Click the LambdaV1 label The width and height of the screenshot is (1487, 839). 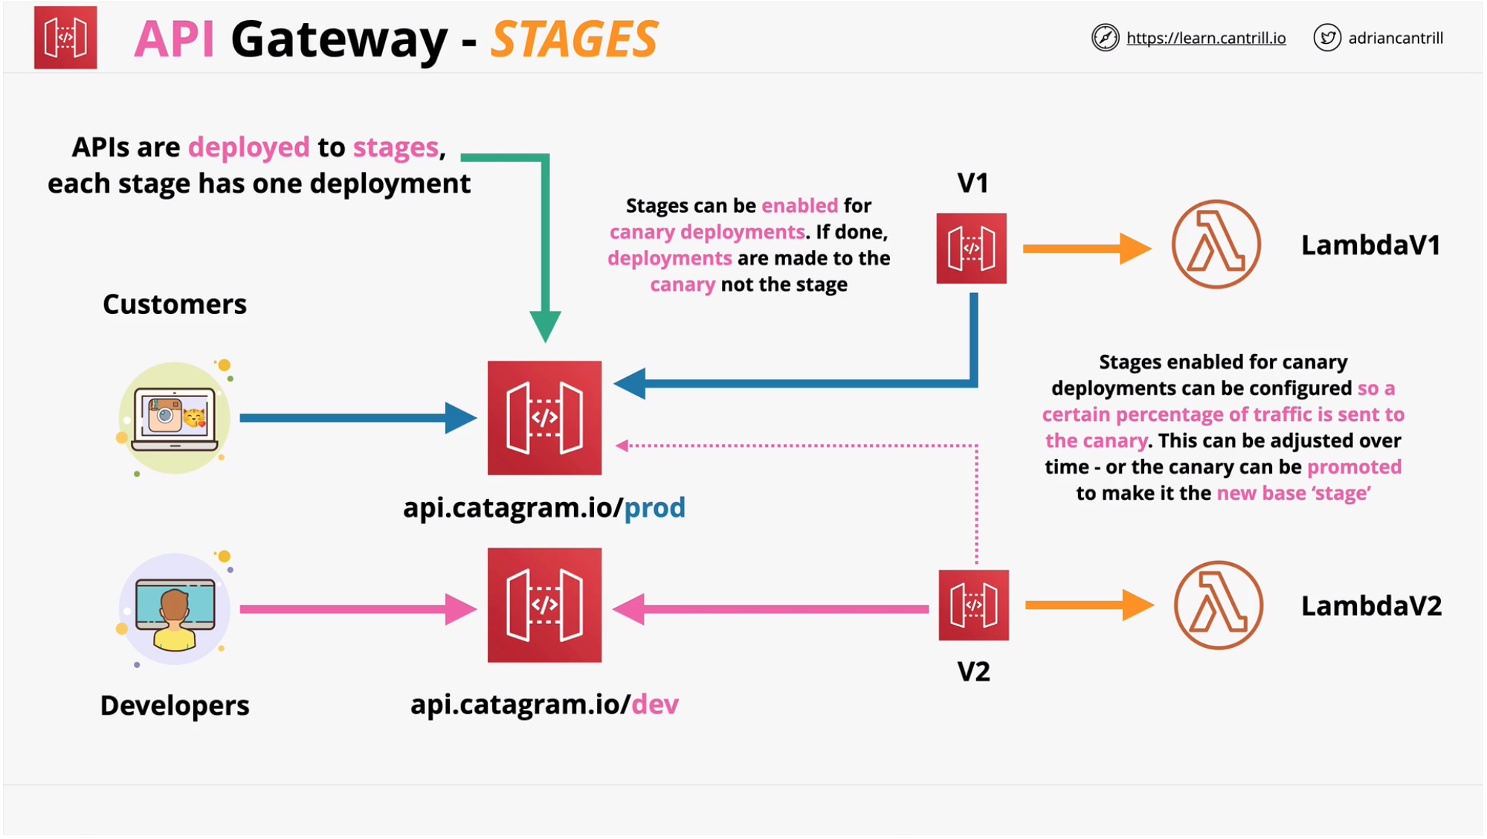point(1370,245)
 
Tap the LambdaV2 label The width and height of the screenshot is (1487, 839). point(1371,606)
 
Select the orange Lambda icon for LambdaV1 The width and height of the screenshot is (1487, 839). point(1216,245)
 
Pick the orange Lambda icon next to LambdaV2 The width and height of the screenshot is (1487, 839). point(1218,605)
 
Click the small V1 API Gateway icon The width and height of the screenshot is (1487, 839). point(971,248)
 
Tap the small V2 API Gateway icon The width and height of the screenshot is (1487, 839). point(973,605)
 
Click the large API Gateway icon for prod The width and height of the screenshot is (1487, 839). point(544,418)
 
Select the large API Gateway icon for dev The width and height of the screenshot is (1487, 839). point(544,605)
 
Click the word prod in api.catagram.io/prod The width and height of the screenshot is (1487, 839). point(654,508)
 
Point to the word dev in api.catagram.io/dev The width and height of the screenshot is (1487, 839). point(654,704)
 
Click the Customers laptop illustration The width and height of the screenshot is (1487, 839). point(175,419)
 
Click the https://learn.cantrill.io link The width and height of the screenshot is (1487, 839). point(1205,38)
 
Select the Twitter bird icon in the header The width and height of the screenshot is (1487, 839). point(1326,37)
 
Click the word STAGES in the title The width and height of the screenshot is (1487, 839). point(574,39)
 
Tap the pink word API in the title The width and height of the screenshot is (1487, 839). point(175,39)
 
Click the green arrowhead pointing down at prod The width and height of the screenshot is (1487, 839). point(545,326)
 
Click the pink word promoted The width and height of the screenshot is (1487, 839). point(1353,467)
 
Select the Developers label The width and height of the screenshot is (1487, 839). point(175,706)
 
